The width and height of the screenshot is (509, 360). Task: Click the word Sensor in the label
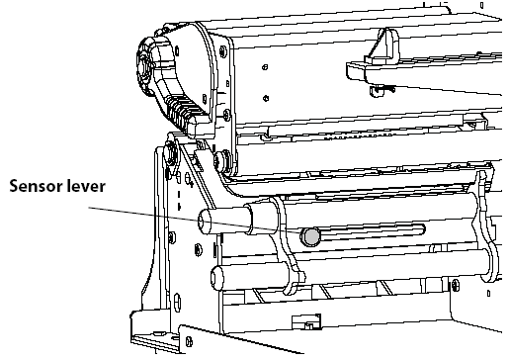tap(39, 185)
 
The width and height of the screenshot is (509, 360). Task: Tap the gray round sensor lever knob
tap(310, 235)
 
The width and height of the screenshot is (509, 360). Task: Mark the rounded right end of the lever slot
tap(422, 230)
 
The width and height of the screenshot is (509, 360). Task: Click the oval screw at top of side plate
tap(173, 152)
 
